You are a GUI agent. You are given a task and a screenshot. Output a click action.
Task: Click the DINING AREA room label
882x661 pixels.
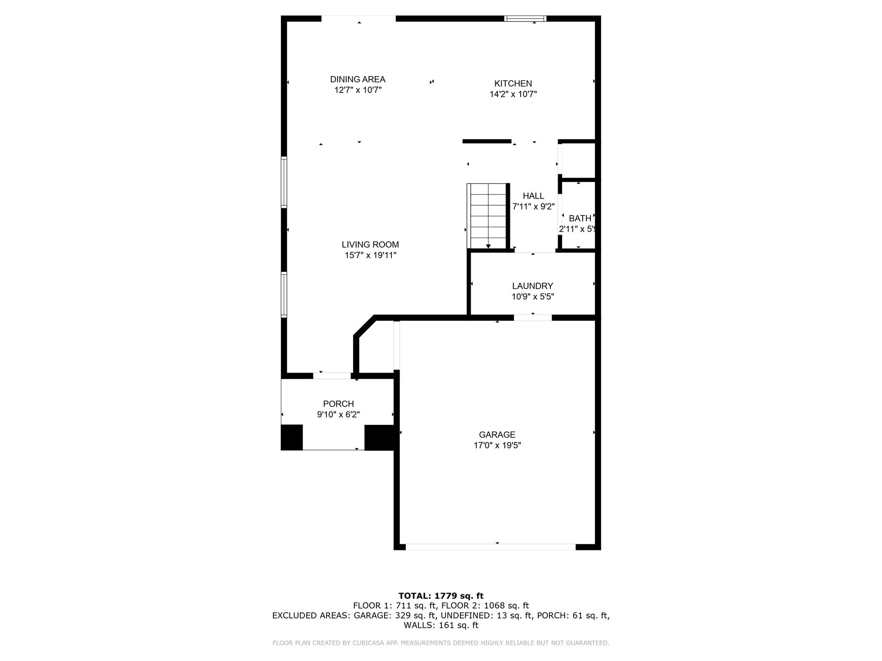[357, 79]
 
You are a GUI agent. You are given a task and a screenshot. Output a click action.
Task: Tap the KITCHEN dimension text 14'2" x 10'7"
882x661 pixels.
[513, 94]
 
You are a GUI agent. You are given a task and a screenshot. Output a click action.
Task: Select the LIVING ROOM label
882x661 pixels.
[370, 244]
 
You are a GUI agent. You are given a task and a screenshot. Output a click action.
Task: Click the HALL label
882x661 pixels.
[533, 196]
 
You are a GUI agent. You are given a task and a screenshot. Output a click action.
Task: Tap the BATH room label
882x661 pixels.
[580, 218]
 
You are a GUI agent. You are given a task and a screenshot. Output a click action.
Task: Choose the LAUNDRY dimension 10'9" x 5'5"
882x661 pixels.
[533, 297]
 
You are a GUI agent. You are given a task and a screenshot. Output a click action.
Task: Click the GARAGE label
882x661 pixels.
[497, 435]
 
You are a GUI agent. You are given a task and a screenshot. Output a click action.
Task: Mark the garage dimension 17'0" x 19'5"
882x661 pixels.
[497, 445]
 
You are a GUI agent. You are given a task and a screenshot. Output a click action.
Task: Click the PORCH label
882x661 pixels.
[338, 404]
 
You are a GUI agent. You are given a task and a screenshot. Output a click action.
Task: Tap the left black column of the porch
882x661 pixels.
[292, 437]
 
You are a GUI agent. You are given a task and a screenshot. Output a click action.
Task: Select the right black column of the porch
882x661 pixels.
[379, 437]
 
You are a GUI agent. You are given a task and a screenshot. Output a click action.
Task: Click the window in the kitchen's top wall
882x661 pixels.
[525, 19]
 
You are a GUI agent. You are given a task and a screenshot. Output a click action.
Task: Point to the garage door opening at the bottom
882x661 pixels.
[490, 547]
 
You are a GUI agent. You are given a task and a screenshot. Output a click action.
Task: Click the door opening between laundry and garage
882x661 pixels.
[532, 318]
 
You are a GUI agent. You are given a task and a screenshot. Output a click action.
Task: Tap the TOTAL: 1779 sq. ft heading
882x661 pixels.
[441, 596]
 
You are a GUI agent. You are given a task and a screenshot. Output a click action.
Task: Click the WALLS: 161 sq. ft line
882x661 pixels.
[441, 625]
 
